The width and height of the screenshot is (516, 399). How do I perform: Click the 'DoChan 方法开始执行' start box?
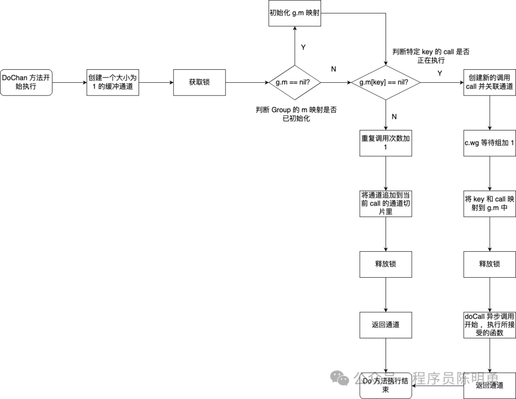coord(26,82)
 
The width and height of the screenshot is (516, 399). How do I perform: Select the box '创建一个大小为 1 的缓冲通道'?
coord(113,82)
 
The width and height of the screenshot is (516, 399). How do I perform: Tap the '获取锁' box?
coord(199,82)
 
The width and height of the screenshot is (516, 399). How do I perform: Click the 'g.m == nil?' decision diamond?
coord(294,82)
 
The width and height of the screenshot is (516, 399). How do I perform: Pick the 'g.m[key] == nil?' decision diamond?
coord(386,82)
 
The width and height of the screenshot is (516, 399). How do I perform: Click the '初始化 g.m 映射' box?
coord(294,13)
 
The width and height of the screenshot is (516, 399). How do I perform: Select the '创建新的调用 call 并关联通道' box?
coord(489,82)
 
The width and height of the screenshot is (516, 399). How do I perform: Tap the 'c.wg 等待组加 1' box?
coord(489,142)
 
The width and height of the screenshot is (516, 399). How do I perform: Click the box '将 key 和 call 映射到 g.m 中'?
coord(489,203)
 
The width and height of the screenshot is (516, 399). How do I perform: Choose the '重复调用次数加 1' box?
coord(386,142)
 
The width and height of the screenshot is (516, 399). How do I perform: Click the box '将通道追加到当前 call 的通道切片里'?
coord(386,203)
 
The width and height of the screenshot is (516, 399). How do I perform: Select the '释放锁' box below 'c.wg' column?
coord(489,264)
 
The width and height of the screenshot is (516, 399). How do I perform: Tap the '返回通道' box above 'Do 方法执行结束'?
coord(386,324)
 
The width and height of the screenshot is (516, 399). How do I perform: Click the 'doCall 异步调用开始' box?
coord(489,324)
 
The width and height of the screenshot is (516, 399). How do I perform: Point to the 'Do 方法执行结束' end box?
coord(386,386)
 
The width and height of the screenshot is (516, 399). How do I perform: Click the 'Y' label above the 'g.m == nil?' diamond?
coord(303,47)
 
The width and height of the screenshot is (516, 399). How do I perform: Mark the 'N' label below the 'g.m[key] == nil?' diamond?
coord(395,116)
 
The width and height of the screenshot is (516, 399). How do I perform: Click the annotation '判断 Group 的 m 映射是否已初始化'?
coord(296,114)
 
